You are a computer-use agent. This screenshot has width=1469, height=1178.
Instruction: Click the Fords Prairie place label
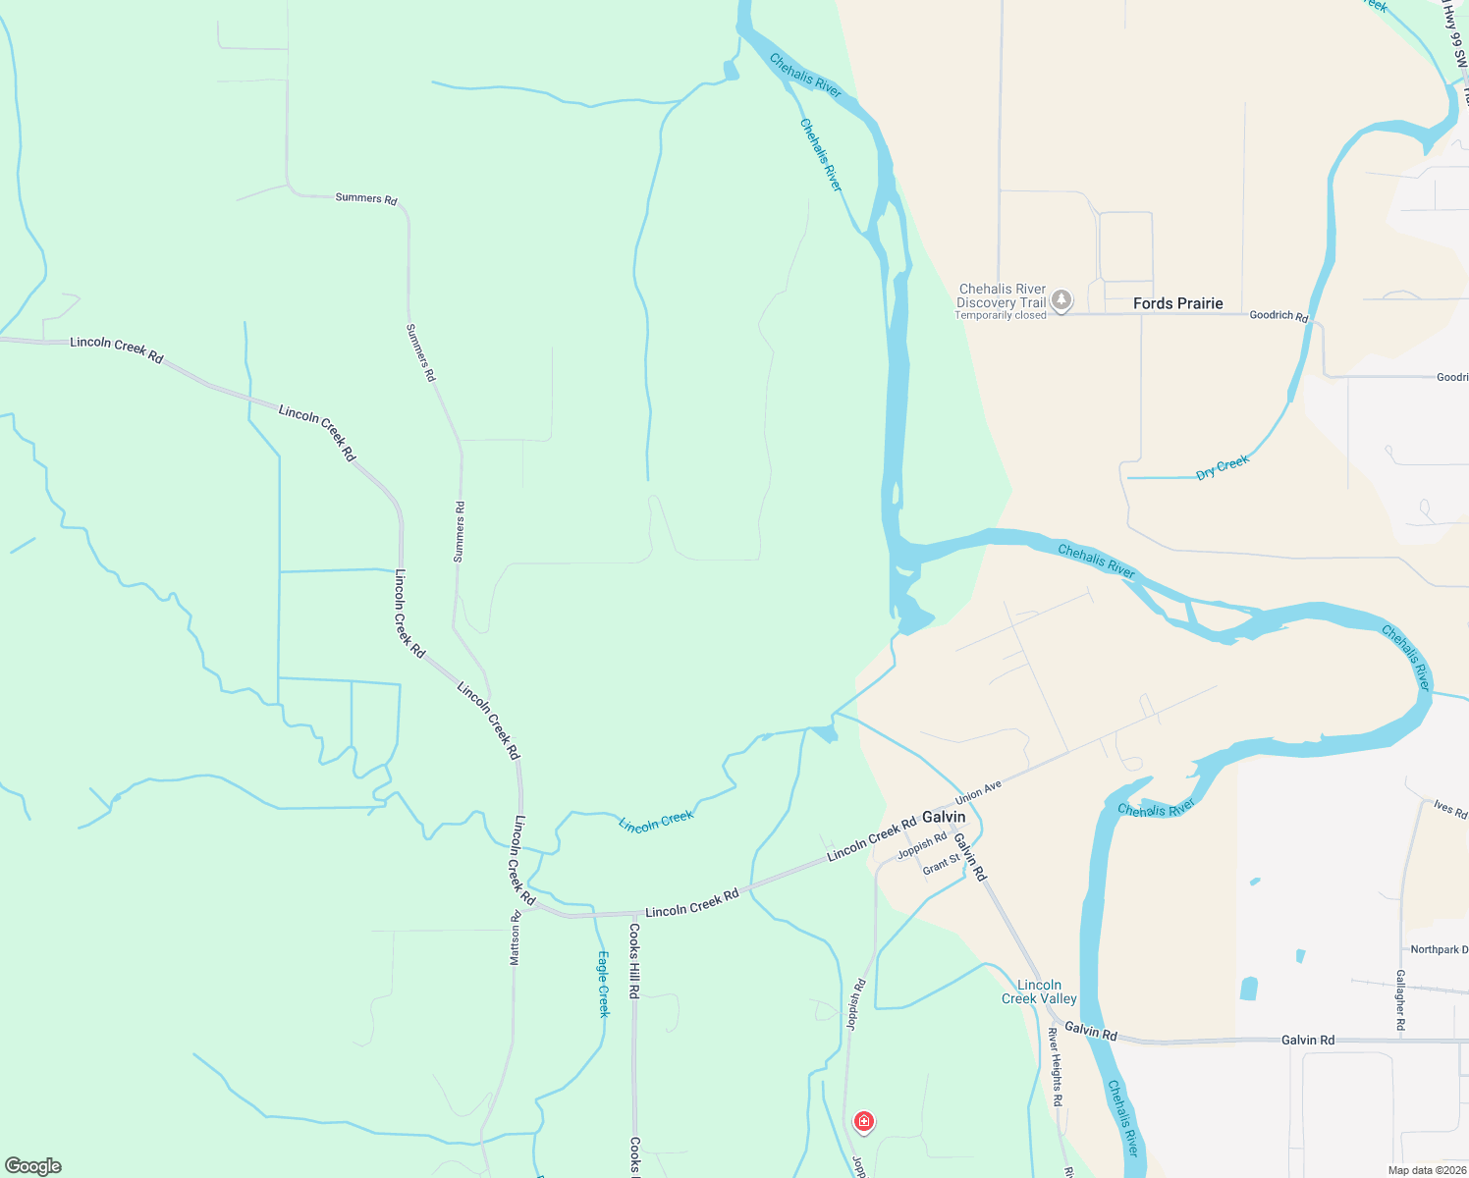tap(1177, 303)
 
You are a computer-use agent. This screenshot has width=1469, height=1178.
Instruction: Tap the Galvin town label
tap(944, 817)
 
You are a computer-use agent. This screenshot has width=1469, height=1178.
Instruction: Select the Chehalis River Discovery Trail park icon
tap(1061, 299)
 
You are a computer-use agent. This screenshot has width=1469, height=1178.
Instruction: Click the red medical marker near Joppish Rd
tap(863, 1122)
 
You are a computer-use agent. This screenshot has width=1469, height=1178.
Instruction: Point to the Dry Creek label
tap(1223, 467)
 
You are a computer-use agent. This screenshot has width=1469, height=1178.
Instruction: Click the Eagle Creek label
tap(604, 984)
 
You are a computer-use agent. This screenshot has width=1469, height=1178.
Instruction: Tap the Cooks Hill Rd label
tap(634, 961)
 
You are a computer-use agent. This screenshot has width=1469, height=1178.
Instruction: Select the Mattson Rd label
tap(515, 937)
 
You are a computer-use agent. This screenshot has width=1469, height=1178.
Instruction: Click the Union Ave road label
tap(978, 791)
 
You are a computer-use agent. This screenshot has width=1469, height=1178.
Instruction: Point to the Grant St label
tap(941, 865)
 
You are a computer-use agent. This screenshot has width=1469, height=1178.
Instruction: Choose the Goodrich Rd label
tap(1279, 315)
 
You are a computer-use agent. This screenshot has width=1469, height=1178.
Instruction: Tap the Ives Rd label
tap(1449, 809)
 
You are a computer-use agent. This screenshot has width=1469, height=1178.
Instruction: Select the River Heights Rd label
tap(1055, 1067)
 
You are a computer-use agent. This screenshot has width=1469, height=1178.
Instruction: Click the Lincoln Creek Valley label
tap(1039, 991)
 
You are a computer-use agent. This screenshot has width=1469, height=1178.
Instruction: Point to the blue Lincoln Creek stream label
tap(656, 822)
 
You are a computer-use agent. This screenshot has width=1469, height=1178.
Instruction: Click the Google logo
tap(33, 1166)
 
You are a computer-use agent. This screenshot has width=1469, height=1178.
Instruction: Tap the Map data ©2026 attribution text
tap(1427, 1170)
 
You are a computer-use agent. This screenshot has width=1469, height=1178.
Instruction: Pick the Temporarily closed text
tap(1001, 316)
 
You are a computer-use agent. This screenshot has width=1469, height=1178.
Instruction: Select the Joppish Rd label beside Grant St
tap(922, 844)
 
